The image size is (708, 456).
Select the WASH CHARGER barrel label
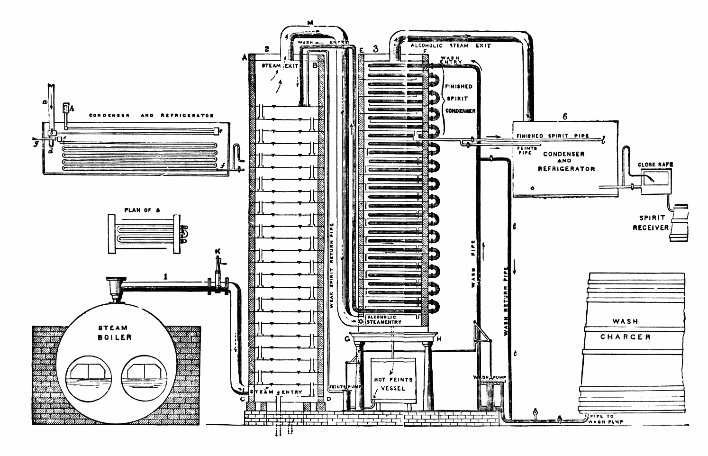[x=625, y=329]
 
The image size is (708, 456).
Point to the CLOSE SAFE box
[x=655, y=179]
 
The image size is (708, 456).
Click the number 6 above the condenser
[x=564, y=116]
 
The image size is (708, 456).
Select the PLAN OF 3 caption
[x=140, y=210]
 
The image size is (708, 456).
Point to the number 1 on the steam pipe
[x=165, y=275]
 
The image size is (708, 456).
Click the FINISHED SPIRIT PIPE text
[x=553, y=136]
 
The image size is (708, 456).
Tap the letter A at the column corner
[x=245, y=57]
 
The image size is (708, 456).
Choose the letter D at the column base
[x=329, y=398]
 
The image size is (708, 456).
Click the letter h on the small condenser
[x=72, y=108]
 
